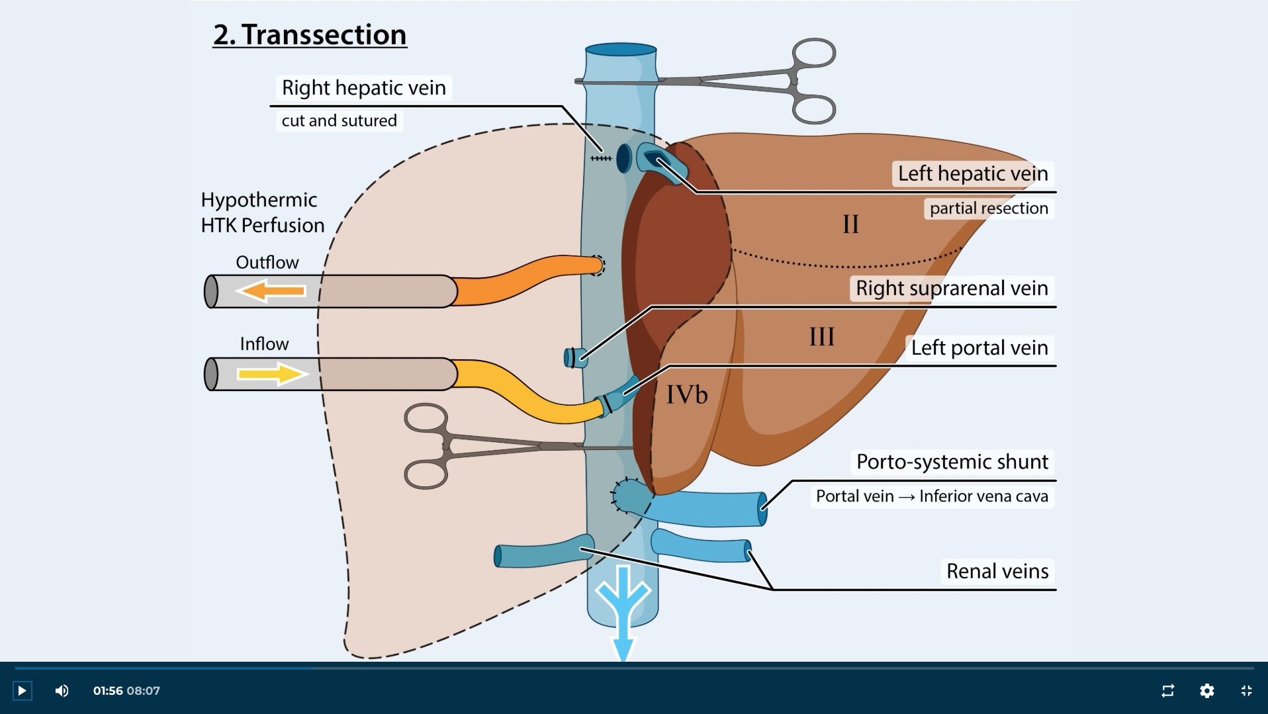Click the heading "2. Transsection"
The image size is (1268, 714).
(x=310, y=34)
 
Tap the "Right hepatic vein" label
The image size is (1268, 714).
(x=363, y=87)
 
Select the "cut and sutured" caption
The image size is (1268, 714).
(x=339, y=120)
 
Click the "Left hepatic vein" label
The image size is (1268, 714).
(x=972, y=173)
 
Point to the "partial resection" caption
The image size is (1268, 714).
(x=988, y=208)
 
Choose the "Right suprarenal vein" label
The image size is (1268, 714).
(x=951, y=288)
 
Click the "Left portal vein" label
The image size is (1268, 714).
(x=979, y=347)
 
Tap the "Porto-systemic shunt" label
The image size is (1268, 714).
(x=952, y=461)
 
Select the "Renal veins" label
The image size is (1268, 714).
(x=997, y=570)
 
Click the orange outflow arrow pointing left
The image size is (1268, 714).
(x=271, y=291)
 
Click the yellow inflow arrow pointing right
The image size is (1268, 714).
(x=272, y=374)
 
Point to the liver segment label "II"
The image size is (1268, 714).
(x=850, y=225)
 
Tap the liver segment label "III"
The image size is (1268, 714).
(x=821, y=337)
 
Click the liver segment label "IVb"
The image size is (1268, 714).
(x=686, y=395)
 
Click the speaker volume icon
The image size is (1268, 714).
(x=62, y=691)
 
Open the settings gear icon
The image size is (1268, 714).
(x=1206, y=691)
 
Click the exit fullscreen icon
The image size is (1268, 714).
(x=1246, y=691)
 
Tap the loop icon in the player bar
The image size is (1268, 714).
(x=1167, y=691)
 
